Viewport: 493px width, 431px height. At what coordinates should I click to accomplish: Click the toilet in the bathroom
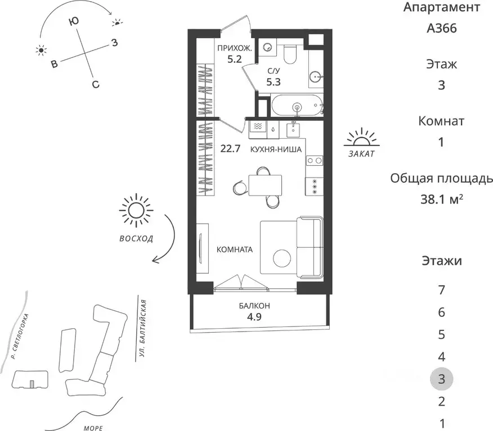[x=290, y=54]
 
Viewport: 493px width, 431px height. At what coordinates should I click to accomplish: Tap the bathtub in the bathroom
[x=297, y=105]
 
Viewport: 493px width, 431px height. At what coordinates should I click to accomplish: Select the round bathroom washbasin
[x=315, y=76]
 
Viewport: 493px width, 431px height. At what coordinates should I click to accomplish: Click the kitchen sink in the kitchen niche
[x=293, y=130]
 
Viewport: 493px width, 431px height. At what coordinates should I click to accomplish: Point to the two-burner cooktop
[x=315, y=161]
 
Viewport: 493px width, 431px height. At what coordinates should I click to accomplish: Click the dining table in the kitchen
[x=265, y=185]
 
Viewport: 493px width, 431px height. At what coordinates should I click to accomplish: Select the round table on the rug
[x=282, y=258]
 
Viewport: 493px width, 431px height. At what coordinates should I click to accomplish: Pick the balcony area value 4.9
[x=254, y=317]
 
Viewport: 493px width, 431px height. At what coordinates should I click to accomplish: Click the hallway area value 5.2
[x=235, y=58]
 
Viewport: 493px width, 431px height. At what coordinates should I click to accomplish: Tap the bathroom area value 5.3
[x=274, y=82]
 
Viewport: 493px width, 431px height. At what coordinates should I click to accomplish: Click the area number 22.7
[x=230, y=148]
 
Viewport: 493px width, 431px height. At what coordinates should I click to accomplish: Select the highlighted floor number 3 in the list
[x=441, y=379]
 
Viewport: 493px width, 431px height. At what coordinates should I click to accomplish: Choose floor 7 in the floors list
[x=441, y=290]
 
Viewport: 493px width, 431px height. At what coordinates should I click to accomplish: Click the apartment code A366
[x=441, y=28]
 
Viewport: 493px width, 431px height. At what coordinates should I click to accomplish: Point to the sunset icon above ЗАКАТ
[x=361, y=138]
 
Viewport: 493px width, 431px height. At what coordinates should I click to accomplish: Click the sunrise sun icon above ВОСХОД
[x=136, y=210]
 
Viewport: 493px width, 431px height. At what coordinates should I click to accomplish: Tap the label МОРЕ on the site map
[x=93, y=428]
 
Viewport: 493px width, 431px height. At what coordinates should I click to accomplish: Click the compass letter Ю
[x=74, y=21]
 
